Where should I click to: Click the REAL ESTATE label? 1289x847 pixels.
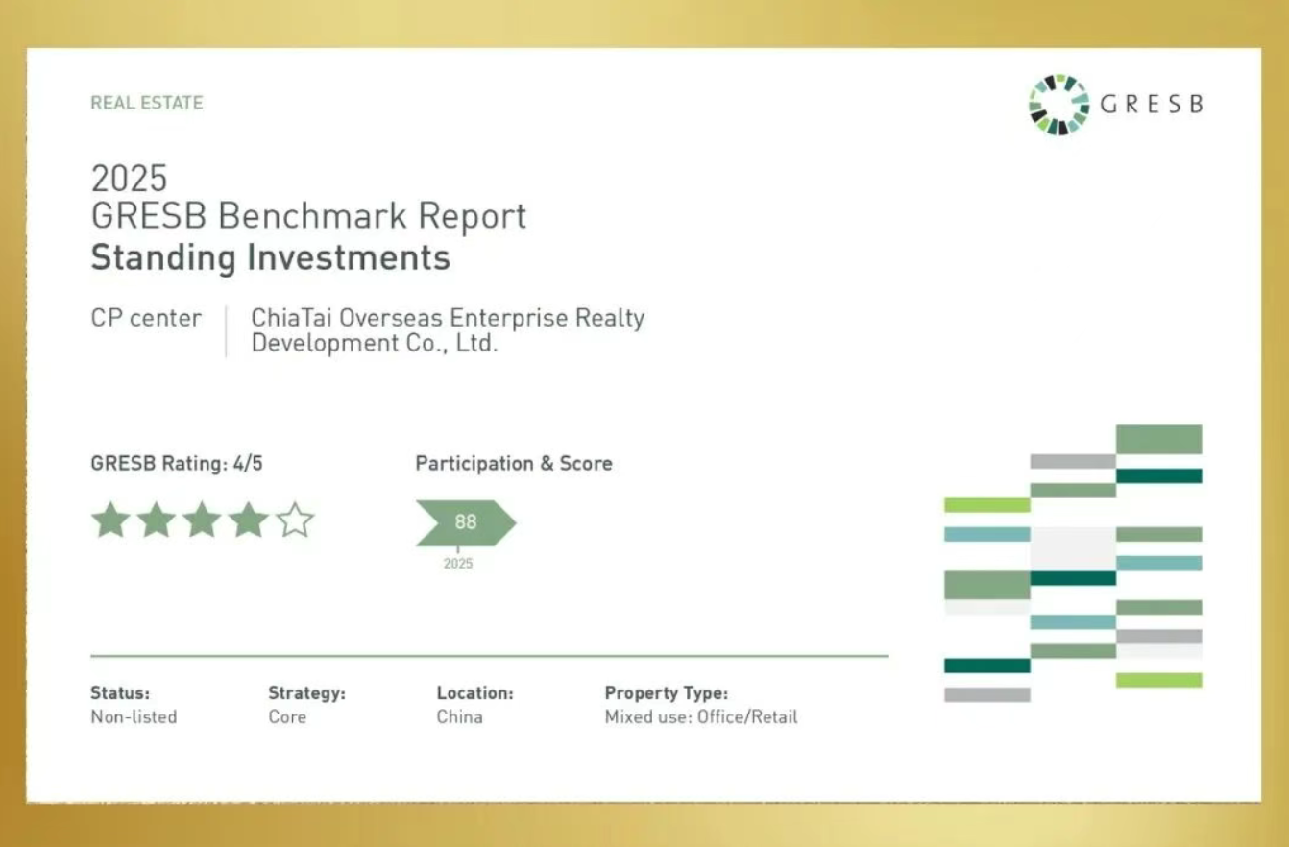tap(147, 103)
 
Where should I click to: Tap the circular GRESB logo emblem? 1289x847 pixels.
tap(1058, 105)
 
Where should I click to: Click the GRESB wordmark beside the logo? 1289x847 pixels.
tap(1152, 104)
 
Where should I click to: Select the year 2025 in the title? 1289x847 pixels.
tap(130, 178)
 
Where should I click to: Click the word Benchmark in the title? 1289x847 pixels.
tap(312, 216)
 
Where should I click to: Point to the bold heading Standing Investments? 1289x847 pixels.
tap(271, 257)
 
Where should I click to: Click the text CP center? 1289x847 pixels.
tap(146, 318)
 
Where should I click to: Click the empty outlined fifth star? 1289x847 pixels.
tap(295, 520)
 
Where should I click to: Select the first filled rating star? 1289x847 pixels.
tap(111, 520)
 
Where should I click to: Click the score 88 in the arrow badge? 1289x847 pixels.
tap(466, 521)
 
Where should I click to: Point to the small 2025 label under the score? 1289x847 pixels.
tap(458, 564)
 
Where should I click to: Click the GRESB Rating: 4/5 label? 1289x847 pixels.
tap(177, 463)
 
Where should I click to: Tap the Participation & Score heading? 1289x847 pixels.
tap(514, 463)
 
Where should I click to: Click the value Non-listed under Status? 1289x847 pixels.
tap(134, 717)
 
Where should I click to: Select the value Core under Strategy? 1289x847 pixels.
tap(287, 717)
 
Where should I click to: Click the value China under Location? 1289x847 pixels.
tap(460, 717)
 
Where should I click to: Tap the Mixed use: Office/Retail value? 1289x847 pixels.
tap(701, 717)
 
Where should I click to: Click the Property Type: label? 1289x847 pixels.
tap(667, 693)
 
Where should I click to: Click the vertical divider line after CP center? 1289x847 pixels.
tap(226, 331)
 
